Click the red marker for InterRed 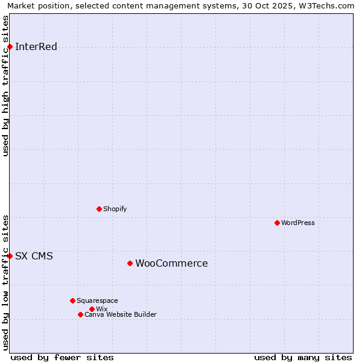click(10, 46)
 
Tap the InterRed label click(36, 47)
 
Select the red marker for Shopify click(99, 209)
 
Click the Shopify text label click(115, 209)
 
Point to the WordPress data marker click(277, 223)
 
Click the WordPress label click(298, 223)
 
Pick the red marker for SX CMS click(10, 256)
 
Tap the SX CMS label click(34, 256)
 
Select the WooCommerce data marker click(130, 263)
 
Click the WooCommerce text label click(171, 263)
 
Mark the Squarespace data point click(72, 300)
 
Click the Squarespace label click(97, 300)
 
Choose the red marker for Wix click(92, 309)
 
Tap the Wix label click(101, 309)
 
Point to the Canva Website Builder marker click(80, 314)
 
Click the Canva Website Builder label click(121, 314)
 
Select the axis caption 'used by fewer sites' click(62, 357)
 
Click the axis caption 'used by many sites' click(303, 357)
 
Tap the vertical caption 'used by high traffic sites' click(6, 86)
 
